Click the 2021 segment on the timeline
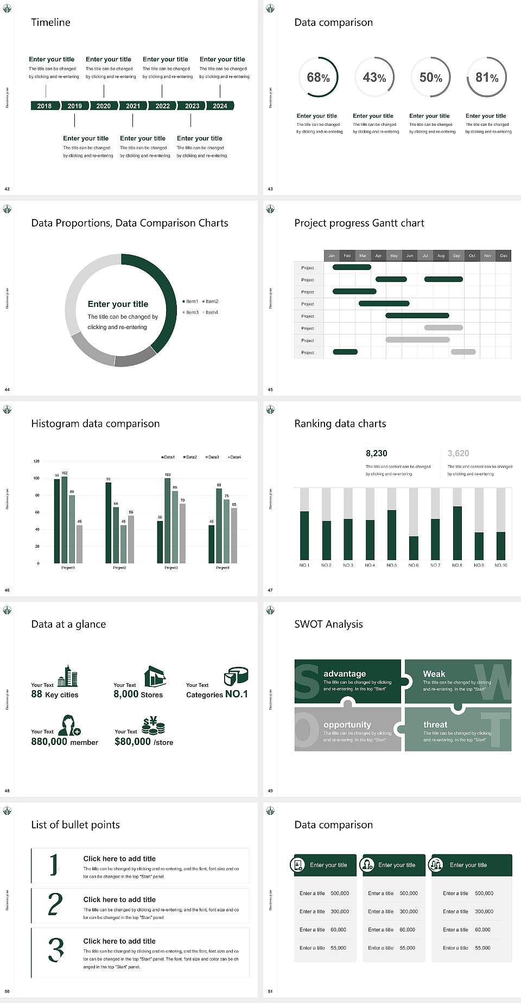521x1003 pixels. [x=133, y=106]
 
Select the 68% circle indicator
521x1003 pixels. [x=318, y=78]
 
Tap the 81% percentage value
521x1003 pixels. [x=487, y=78]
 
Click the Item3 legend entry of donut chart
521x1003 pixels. [x=190, y=312]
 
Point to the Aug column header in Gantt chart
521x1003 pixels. [x=441, y=255]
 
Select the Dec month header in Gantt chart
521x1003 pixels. [x=504, y=255]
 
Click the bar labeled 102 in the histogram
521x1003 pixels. [x=65, y=518]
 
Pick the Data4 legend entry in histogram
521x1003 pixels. [x=234, y=457]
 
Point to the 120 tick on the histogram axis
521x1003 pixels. [x=36, y=461]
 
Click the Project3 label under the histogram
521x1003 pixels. [x=171, y=568]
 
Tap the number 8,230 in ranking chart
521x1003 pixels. [x=377, y=453]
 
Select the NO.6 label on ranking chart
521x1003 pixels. [x=414, y=565]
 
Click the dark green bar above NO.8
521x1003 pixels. [x=458, y=532]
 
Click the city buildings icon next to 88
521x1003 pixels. [x=67, y=676]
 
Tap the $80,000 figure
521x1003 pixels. [x=132, y=742]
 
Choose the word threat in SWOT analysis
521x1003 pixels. [x=435, y=724]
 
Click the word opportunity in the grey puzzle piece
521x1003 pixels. [x=347, y=724]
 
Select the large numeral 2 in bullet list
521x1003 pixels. [x=55, y=904]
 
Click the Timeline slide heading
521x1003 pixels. [x=50, y=22]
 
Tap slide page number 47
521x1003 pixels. [x=270, y=590]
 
